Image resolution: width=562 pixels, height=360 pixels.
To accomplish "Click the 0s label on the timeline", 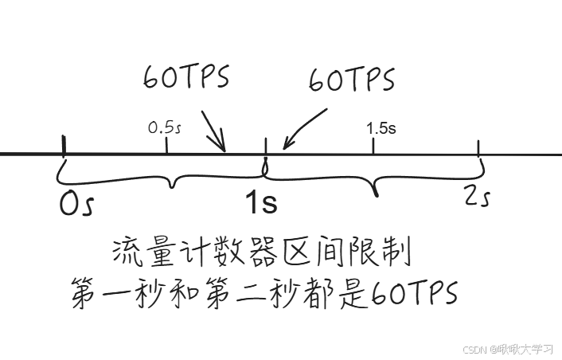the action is tap(76, 204).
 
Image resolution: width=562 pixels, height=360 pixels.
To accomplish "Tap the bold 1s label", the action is tap(260, 203).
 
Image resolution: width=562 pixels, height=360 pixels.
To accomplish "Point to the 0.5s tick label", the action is tap(165, 127).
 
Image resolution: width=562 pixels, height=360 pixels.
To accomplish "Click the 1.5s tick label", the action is tap(381, 127).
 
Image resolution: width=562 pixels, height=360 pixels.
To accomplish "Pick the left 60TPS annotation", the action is tap(186, 77).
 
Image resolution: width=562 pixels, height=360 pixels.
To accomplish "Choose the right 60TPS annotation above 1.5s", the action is tap(352, 80).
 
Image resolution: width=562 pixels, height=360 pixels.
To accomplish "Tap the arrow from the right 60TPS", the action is tap(304, 127).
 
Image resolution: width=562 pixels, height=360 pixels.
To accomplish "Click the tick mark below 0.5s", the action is tap(166, 145).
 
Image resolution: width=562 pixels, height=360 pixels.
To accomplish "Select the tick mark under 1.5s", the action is tap(373, 146).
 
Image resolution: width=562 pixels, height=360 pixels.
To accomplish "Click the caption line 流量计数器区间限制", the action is tap(263, 254).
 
